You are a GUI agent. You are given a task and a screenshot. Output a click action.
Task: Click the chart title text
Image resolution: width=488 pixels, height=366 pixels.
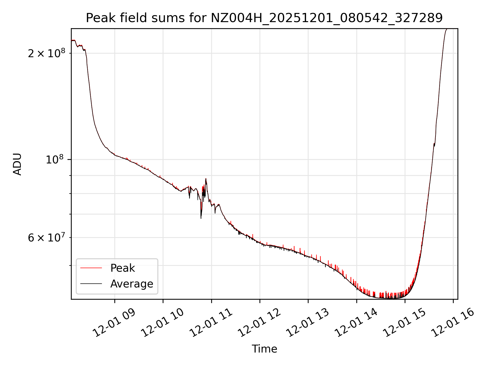click(264, 18)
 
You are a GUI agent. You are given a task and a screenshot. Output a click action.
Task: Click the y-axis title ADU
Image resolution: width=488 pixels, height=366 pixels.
click(17, 164)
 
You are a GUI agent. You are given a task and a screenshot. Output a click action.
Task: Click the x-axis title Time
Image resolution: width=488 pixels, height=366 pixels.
click(264, 349)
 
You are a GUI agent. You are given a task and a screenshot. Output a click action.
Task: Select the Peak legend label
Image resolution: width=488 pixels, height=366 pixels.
click(123, 268)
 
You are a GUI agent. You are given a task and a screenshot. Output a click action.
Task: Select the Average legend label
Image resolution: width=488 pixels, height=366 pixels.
click(132, 284)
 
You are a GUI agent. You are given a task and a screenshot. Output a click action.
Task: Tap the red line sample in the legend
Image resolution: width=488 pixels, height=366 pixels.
click(91, 268)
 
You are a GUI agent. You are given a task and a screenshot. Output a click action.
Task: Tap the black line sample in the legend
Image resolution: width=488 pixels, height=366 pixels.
click(91, 284)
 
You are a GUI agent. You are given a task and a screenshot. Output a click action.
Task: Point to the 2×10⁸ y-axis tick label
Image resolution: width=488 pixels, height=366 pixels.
click(47, 53)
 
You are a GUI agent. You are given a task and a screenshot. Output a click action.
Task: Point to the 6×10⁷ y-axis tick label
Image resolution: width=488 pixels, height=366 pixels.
click(47, 238)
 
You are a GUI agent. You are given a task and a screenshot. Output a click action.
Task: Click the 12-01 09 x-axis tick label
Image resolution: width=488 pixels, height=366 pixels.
click(114, 323)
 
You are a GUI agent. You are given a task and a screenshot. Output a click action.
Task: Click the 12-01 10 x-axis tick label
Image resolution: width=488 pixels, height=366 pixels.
click(162, 323)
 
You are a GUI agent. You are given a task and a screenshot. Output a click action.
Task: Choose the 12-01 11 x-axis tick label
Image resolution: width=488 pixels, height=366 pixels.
click(211, 323)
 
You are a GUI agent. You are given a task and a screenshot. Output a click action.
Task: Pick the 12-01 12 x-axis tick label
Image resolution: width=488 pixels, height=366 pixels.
click(259, 323)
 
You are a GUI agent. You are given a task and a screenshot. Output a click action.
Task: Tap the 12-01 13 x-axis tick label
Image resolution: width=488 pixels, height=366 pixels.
click(308, 323)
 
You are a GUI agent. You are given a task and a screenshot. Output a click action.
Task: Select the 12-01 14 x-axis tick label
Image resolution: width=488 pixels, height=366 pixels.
click(356, 323)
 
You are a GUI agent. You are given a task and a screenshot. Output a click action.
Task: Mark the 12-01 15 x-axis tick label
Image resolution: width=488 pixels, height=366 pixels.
click(404, 323)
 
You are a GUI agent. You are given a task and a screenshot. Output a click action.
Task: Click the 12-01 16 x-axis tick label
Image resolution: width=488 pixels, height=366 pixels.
click(453, 323)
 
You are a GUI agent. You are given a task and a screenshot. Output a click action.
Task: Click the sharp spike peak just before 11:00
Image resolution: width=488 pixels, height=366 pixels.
click(206, 179)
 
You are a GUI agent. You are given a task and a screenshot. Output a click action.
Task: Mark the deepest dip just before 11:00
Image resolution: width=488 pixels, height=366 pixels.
click(201, 218)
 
